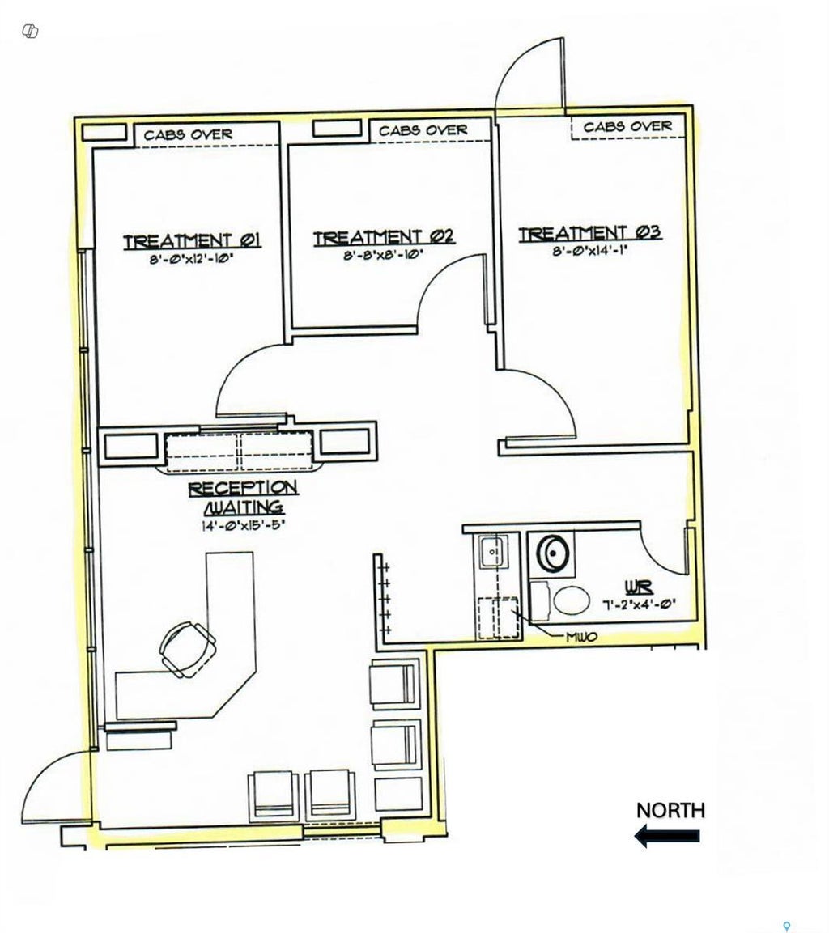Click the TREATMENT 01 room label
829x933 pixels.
click(191, 240)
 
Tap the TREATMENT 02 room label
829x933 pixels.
click(383, 237)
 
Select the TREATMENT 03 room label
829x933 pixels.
click(590, 233)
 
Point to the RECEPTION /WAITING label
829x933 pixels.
click(243, 497)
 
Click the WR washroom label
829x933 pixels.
click(633, 585)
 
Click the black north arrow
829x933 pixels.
click(667, 836)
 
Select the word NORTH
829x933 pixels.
click(670, 810)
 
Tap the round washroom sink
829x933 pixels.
click(552, 554)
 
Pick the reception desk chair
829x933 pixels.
click(188, 647)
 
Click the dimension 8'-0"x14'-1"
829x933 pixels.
click(589, 252)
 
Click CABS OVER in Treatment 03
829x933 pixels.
click(627, 126)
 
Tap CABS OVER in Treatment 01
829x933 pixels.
click(188, 134)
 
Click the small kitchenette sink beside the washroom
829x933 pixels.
click(491, 553)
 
